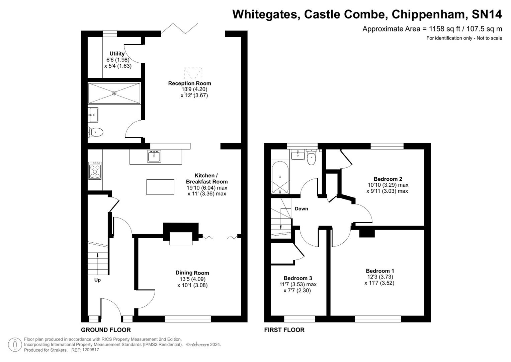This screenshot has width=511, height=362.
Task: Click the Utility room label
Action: [117, 54]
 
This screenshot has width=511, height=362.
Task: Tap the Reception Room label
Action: [189, 83]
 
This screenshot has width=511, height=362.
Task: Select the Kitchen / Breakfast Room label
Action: [206, 179]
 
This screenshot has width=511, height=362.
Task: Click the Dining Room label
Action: [192, 273]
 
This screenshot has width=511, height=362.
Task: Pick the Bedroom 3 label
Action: [297, 278]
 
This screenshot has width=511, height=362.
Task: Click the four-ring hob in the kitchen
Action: [95, 171]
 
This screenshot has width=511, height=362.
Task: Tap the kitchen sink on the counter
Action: [154, 157]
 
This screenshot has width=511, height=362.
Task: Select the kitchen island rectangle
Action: [160, 187]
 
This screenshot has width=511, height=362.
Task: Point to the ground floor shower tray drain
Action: [114, 93]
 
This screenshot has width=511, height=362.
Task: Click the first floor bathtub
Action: [279, 178]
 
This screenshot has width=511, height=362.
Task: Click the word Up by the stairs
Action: [97, 280]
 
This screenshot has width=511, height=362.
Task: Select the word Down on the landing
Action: [301, 209]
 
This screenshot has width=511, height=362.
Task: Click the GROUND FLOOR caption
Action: [106, 330]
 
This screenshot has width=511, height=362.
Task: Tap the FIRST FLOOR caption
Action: [284, 330]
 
